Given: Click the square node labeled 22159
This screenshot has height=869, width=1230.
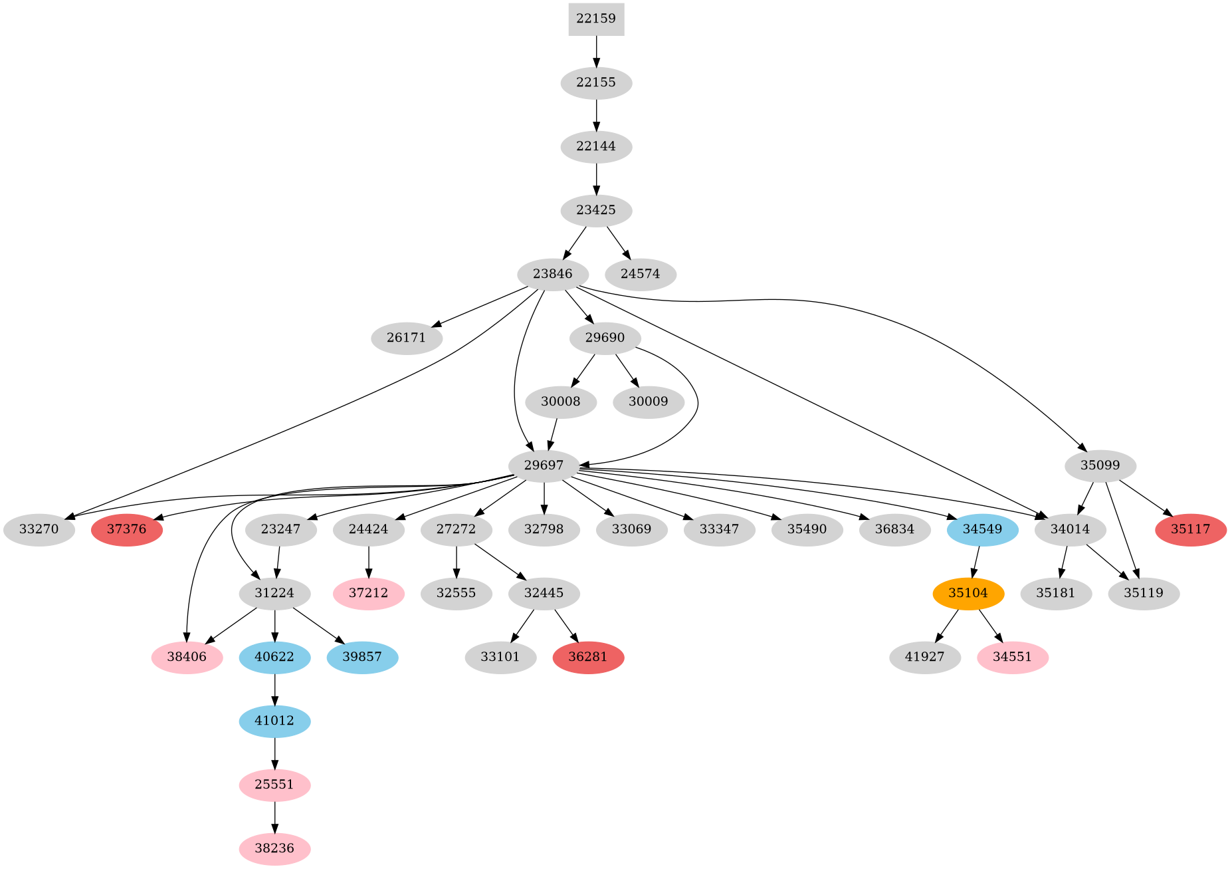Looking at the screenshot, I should pos(596,19).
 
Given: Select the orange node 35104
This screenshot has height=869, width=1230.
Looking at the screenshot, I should pos(968,593).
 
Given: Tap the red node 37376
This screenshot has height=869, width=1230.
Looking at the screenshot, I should pos(127,530).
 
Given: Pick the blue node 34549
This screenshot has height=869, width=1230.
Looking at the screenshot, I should pos(982,530).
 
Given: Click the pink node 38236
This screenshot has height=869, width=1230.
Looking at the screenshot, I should pos(274,849).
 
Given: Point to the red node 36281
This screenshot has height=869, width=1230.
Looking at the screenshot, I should pos(588,658).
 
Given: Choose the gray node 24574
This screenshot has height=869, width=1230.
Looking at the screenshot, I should pos(641,274).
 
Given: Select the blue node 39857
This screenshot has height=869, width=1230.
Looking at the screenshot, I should pos(363,658).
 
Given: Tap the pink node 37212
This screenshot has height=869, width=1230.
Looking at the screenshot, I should pos(369,593).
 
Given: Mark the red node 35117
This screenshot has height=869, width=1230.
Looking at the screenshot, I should pos(1191,530).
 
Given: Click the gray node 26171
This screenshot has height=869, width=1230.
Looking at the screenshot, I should pos(406,338).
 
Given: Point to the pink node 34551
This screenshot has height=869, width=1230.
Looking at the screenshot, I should pos(1013,658).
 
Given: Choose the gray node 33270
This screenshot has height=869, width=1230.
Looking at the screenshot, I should pos(39,530).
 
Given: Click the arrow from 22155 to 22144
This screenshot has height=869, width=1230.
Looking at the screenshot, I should pos(596,114).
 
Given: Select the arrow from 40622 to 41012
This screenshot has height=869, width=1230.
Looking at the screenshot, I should pos(275,689).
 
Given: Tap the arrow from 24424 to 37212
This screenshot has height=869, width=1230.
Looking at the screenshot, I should pos(369,562).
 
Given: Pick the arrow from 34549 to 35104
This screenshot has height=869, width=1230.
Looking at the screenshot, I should pos(975,562).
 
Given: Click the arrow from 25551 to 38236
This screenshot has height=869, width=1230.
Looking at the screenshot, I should pos(275,816).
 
